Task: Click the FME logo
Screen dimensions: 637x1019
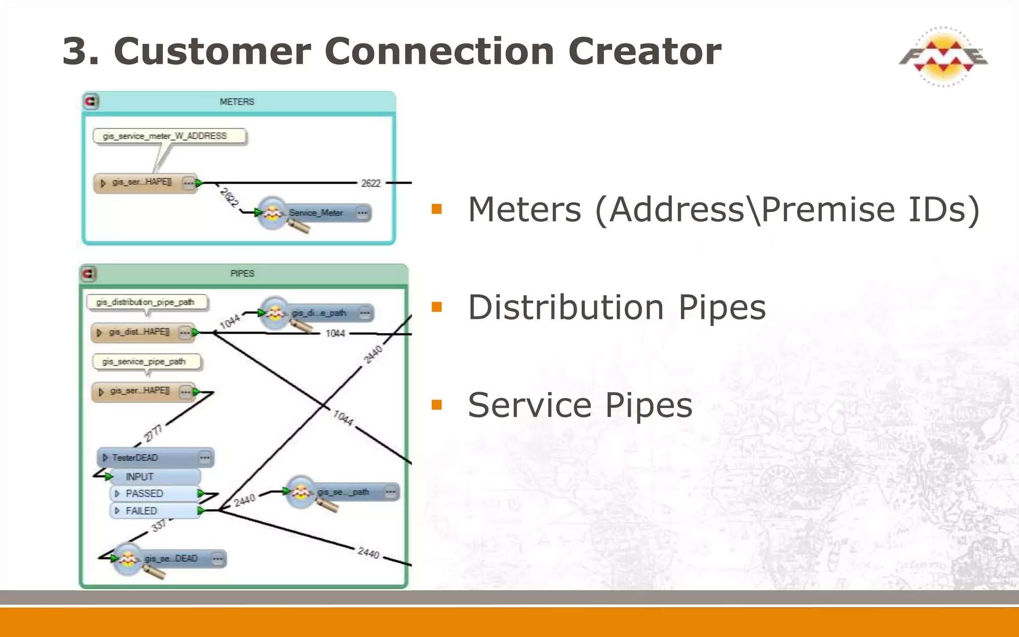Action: pos(943,56)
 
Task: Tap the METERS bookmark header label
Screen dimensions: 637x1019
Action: pos(237,102)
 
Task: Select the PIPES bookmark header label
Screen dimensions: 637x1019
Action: pos(242,274)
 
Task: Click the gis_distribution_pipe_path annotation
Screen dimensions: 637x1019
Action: pos(146,302)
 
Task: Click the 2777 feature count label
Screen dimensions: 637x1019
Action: pos(153,432)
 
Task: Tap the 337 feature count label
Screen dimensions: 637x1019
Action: pos(159,525)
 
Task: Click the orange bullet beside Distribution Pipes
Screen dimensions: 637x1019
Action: pos(437,307)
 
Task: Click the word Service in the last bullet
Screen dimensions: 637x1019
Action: pos(530,405)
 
